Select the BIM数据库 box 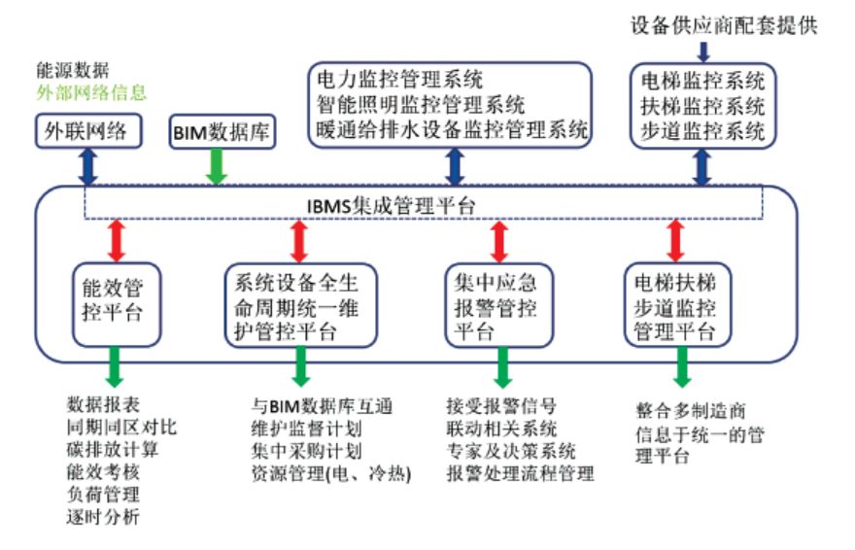pos(220,128)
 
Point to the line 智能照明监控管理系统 pos(421,103)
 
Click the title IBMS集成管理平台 pos(426,203)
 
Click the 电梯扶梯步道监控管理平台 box pos(679,305)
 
